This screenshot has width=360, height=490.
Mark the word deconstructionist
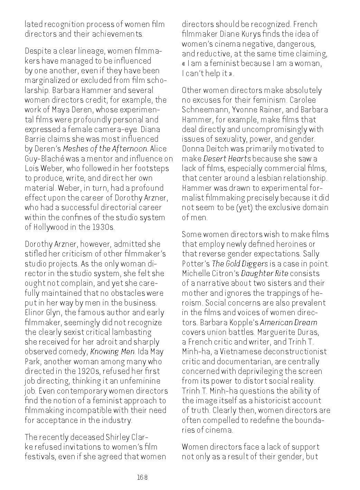click(x=298, y=352)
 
